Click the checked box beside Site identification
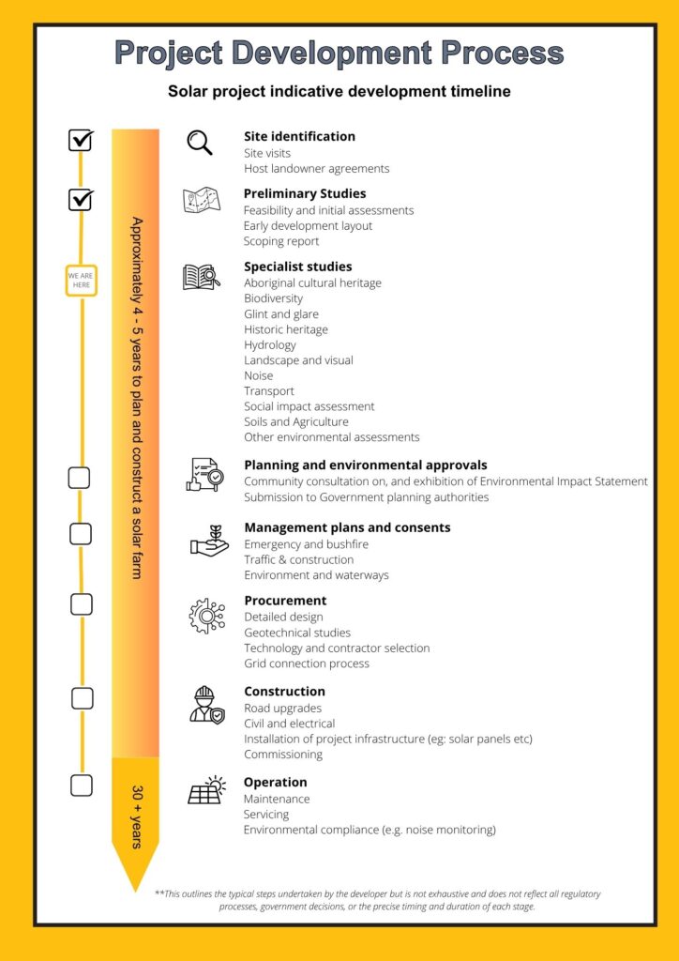point(81,140)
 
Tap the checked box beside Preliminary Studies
point(81,199)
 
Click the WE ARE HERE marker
point(81,281)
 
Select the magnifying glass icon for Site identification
point(199,142)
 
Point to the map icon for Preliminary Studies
point(201,201)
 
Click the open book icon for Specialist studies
point(201,277)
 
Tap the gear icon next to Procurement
point(206,616)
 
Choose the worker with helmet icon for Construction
point(205,704)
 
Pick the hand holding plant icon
point(208,541)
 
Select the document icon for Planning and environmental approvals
point(204,474)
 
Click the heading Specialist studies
point(297,267)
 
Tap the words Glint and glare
point(280,313)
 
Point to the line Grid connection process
point(306,664)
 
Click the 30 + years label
point(136,816)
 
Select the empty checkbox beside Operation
point(82,786)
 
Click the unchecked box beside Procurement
point(82,604)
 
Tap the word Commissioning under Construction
point(282,755)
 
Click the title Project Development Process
point(339,53)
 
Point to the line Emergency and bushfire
point(306,544)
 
